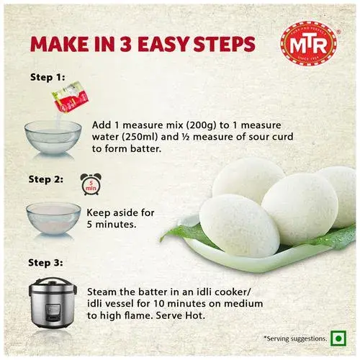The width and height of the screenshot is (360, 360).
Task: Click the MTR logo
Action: pos(309,43)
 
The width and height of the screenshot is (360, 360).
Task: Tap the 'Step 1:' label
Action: pos(48,77)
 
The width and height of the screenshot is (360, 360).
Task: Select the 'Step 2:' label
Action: pos(46,179)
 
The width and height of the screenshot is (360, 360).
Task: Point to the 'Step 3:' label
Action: pos(45,263)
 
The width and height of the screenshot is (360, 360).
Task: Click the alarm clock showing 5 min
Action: pos(91,184)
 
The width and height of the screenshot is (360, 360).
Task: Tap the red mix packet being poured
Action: pos(71,96)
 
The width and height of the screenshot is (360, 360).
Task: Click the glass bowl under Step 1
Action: pos(53,138)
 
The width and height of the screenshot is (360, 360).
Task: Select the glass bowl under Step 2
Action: pos(53,218)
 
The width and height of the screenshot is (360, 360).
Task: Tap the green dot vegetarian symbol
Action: pos(338,338)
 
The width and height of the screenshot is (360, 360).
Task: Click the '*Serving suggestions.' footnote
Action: pos(295,338)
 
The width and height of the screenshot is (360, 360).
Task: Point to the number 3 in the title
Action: pos(127,44)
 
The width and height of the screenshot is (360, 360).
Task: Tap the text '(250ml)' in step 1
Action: pos(140,137)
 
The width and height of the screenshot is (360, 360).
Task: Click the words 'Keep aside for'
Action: pos(120,212)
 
